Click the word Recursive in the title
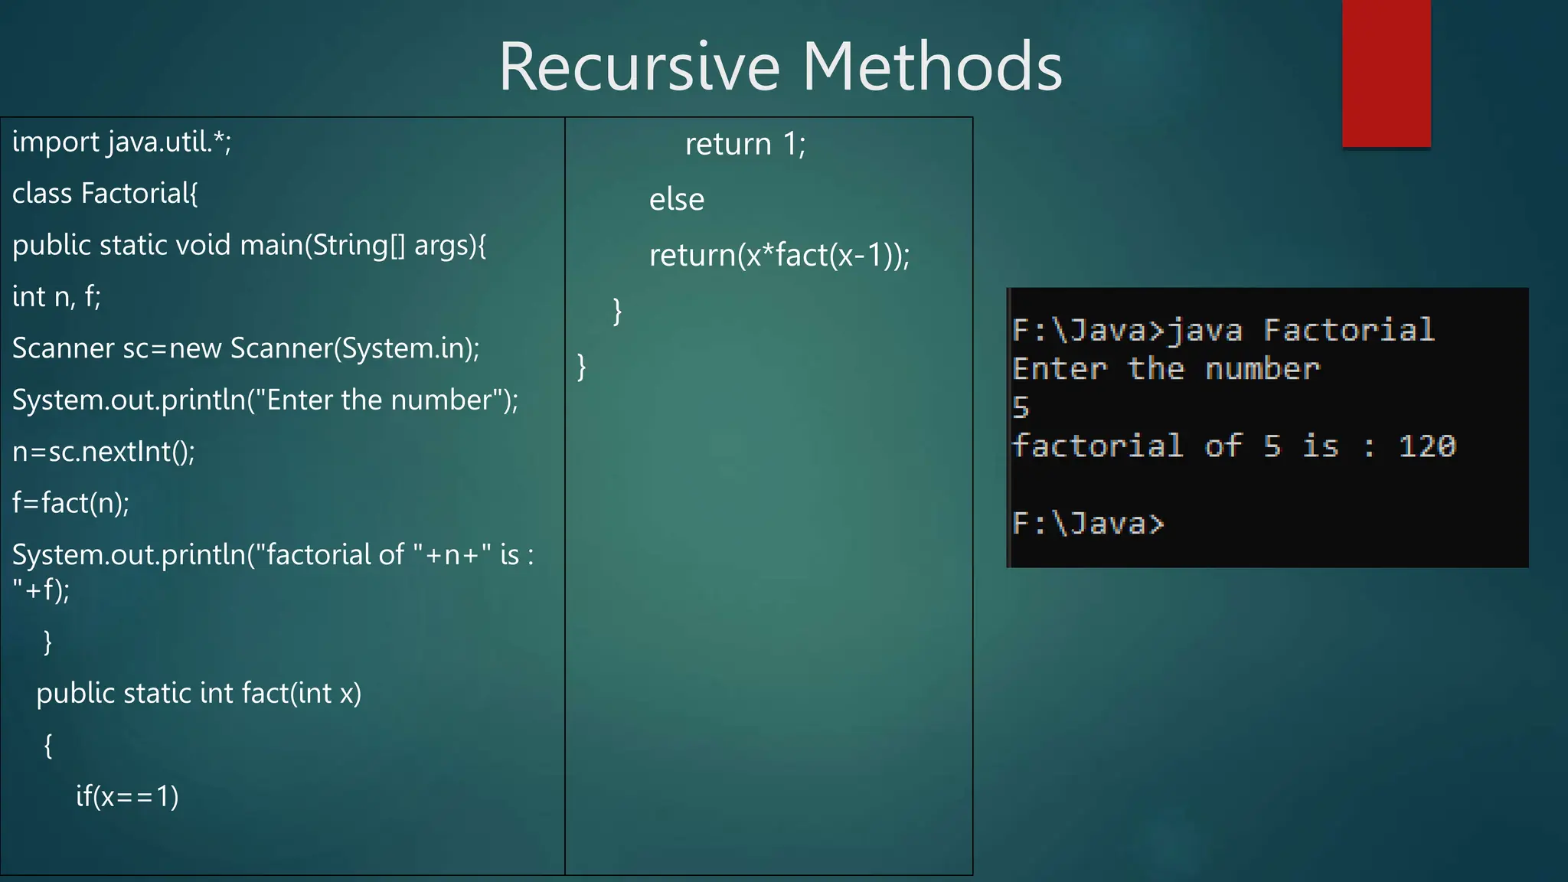click(639, 67)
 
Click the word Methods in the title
click(932, 67)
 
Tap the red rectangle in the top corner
click(1386, 73)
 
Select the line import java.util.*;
click(122, 142)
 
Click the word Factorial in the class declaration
click(139, 194)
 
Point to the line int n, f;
click(57, 297)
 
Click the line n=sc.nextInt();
click(103, 452)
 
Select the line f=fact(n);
click(70, 504)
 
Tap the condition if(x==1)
click(127, 797)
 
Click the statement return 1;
click(745, 145)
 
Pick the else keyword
click(677, 200)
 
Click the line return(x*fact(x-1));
click(779, 256)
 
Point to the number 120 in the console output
click(1427, 446)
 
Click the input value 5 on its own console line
click(1021, 407)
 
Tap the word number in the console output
click(1263, 369)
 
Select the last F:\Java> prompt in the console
click(1087, 524)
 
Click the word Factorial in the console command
click(1348, 330)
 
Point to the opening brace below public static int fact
click(48, 745)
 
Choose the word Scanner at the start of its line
click(64, 349)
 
